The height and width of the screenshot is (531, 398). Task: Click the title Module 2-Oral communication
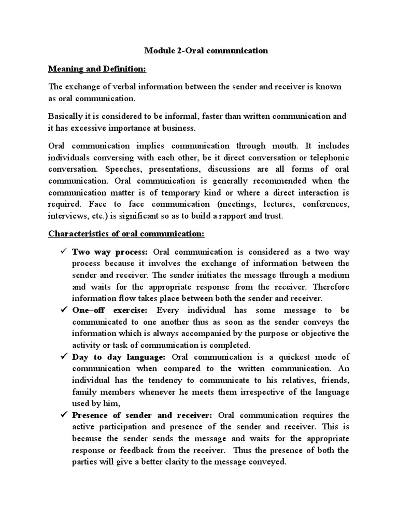205,51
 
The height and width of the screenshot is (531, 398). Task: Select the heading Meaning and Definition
97,68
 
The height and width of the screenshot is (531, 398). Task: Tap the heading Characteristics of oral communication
126,233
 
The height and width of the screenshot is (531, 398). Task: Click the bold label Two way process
110,252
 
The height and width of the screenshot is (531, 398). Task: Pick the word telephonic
328,157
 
